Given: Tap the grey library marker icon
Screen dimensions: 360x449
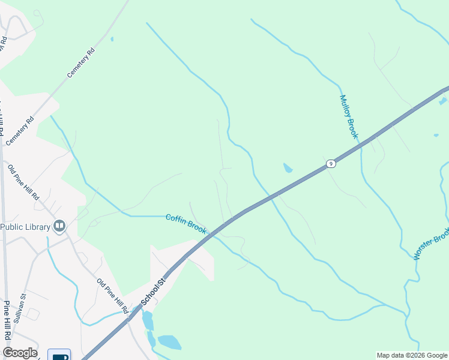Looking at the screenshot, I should pyautogui.click(x=59, y=226).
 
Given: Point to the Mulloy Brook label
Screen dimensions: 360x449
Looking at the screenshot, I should pyautogui.click(x=348, y=117).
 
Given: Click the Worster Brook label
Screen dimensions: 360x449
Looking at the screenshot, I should pyautogui.click(x=431, y=244).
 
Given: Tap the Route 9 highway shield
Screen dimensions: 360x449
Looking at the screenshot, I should pyautogui.click(x=330, y=164).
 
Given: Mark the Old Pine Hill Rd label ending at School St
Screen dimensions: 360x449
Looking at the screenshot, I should pyautogui.click(x=112, y=296).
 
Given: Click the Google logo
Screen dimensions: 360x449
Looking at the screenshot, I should pyautogui.click(x=20, y=353).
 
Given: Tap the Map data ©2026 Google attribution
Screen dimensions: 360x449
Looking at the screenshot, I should pyautogui.click(x=412, y=355).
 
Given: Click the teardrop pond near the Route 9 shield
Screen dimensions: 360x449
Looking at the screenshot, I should pyautogui.click(x=288, y=168).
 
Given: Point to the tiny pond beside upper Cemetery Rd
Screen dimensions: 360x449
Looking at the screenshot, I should pyautogui.click(x=112, y=40).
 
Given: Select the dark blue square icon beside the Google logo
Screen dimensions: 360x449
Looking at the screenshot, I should pyautogui.click(x=60, y=355).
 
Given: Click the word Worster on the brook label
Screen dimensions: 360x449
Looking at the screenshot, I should pyautogui.click(x=426, y=250).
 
